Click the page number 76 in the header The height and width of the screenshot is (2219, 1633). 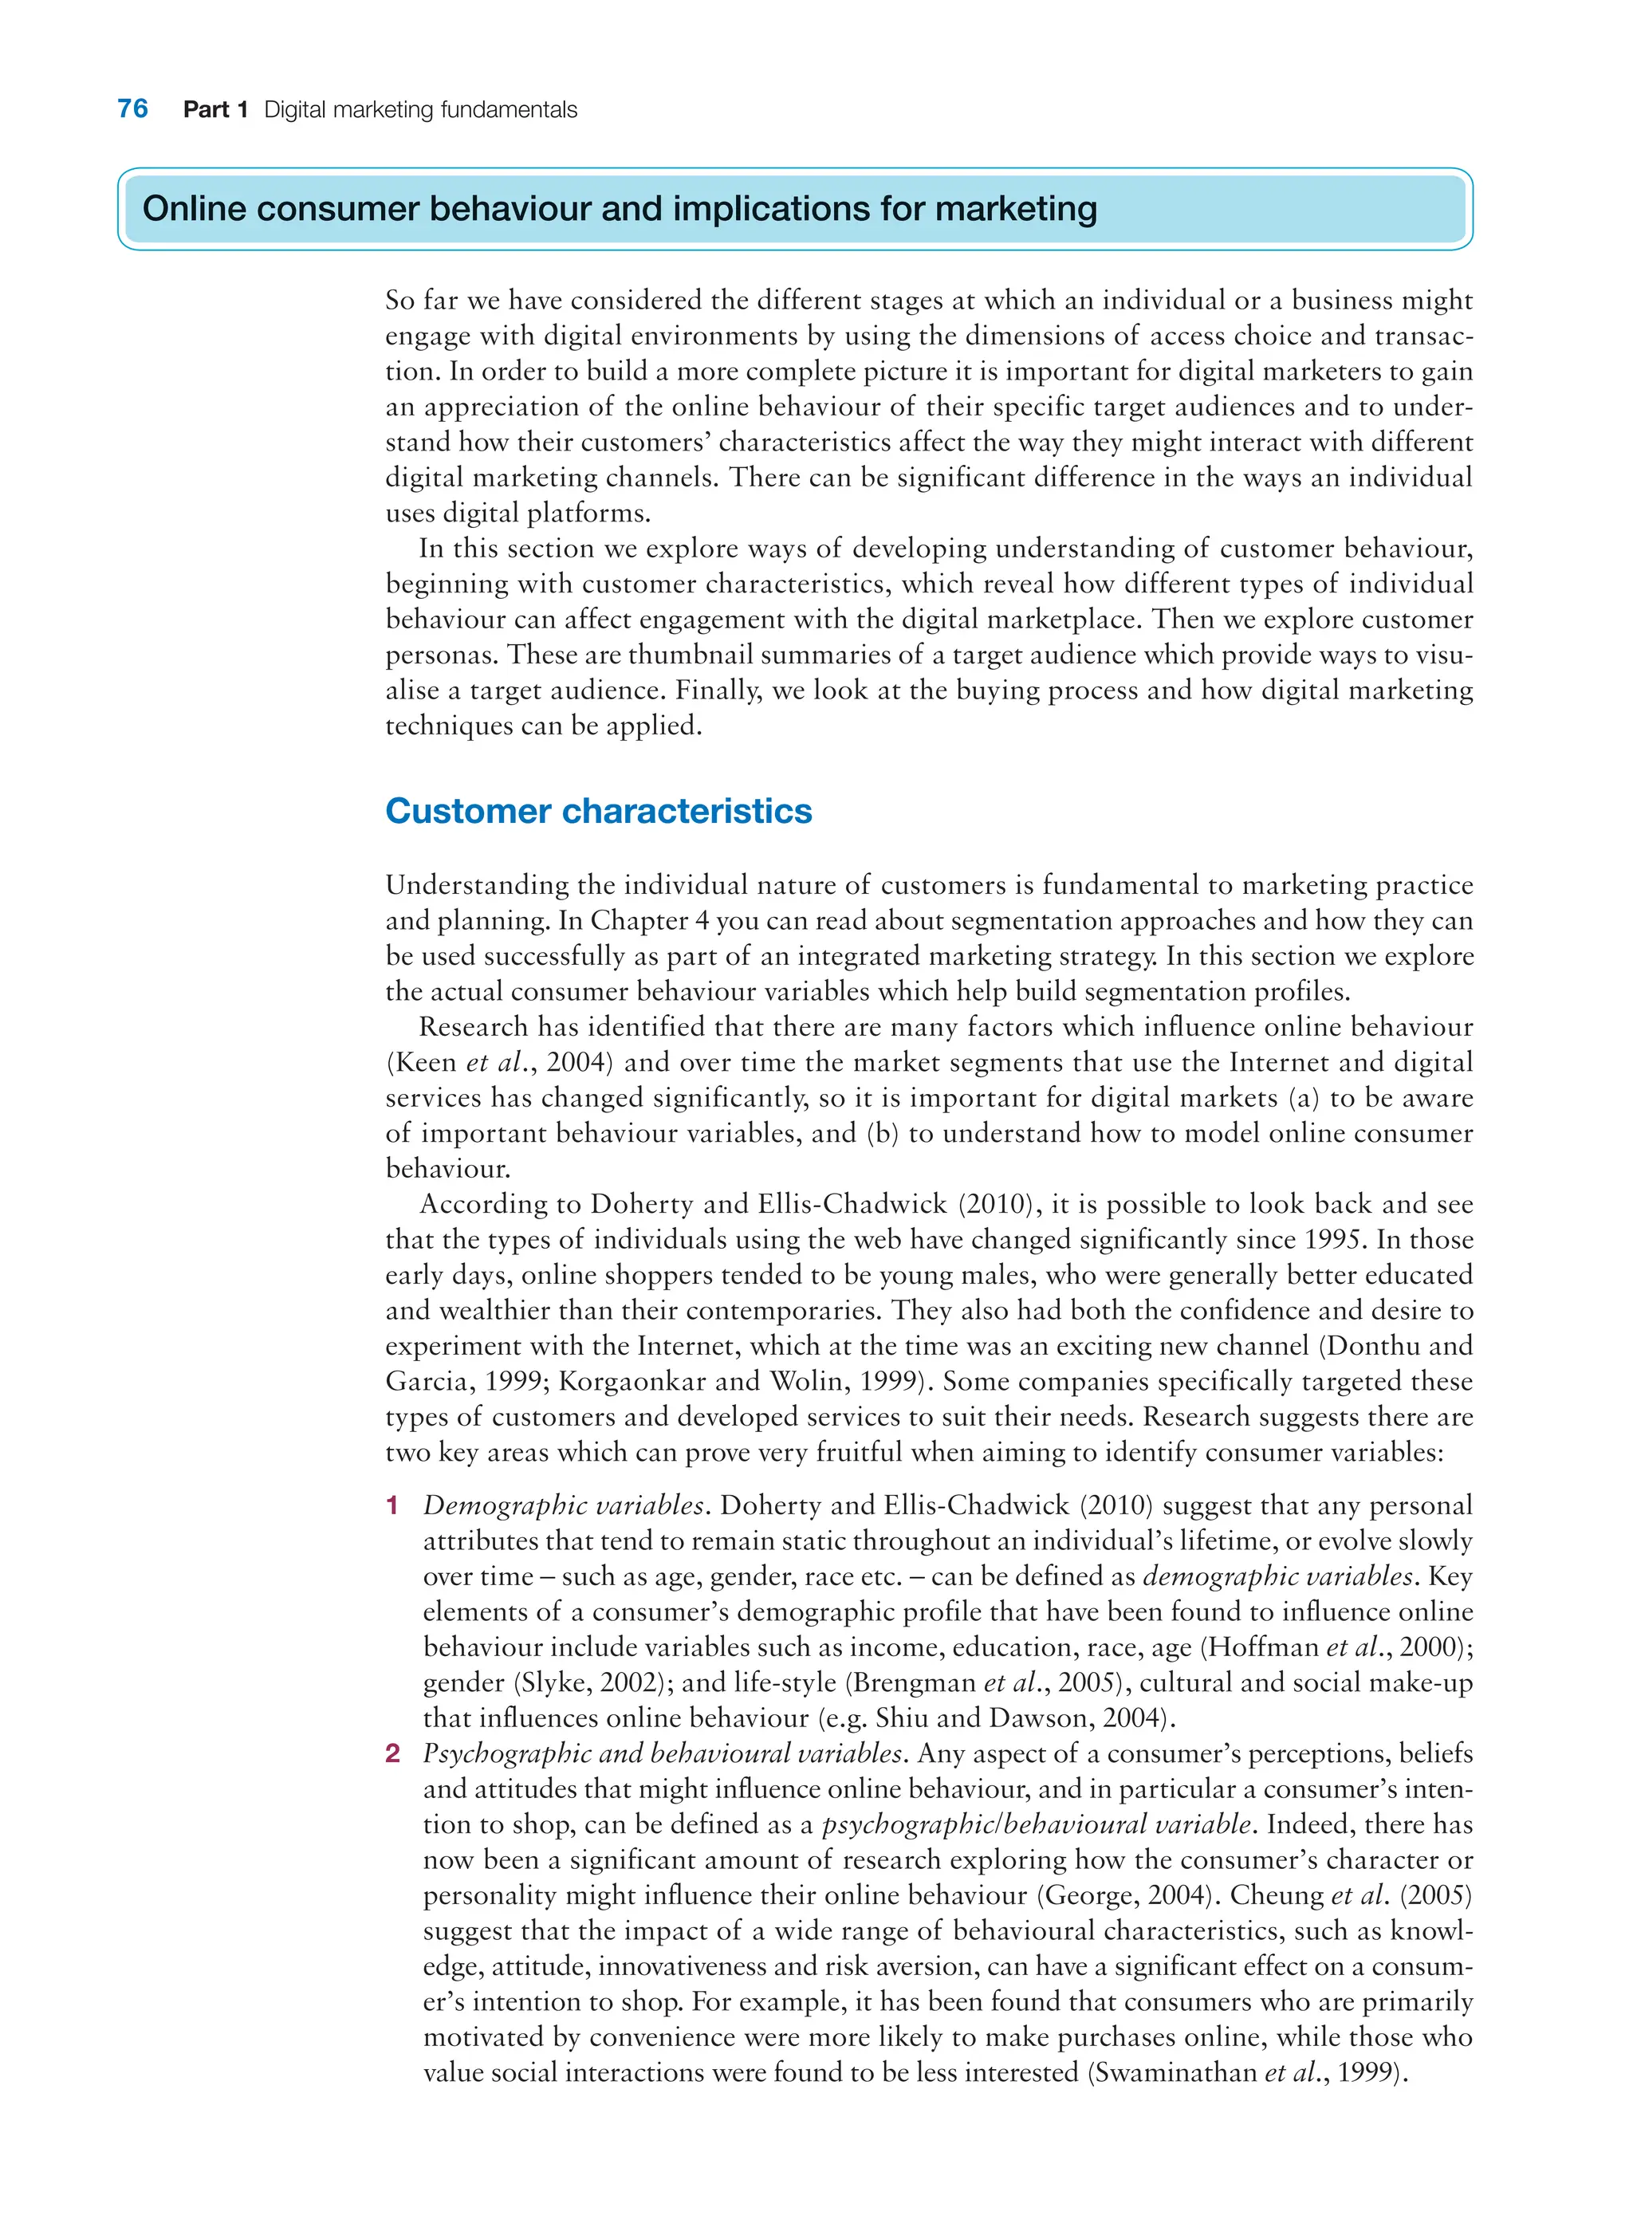132,108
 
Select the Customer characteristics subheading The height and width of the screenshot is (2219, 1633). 598,811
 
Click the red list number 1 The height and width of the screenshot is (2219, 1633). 392,1506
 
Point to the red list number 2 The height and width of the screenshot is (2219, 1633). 392,1754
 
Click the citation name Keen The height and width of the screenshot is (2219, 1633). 425,1063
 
